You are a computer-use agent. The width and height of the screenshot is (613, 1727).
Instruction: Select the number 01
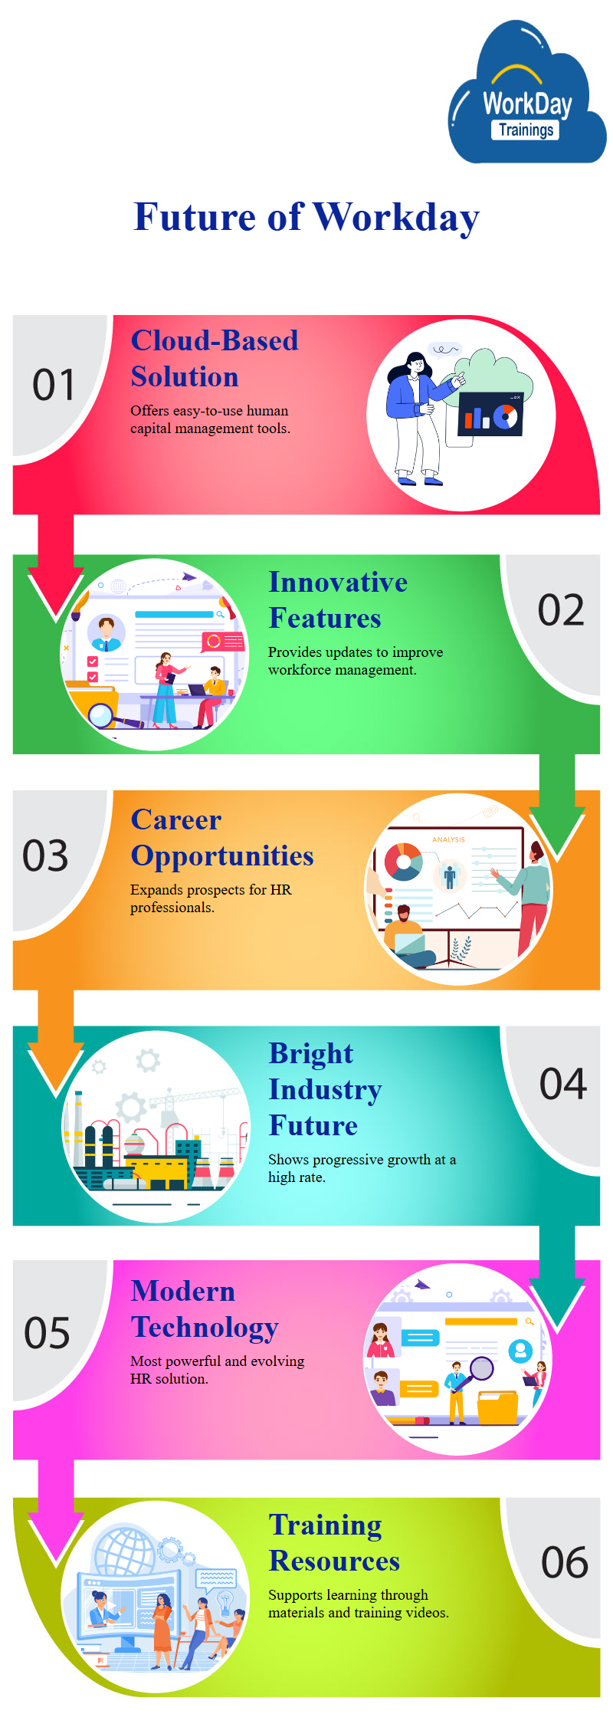pos(54,385)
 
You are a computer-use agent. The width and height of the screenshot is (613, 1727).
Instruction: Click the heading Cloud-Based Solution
pos(215,359)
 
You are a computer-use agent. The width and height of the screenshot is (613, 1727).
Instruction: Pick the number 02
pos(561,611)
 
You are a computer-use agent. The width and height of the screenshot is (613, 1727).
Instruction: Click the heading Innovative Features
pos(338,600)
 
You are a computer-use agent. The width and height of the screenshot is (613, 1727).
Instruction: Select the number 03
pos(45,856)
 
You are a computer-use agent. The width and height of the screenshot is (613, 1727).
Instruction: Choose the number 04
pos(563,1085)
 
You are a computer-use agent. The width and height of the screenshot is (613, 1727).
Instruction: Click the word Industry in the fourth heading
pos(325,1090)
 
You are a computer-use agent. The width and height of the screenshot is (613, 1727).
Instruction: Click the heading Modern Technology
pos(205,1309)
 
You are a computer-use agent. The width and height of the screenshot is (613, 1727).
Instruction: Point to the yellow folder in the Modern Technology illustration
pos(498,1407)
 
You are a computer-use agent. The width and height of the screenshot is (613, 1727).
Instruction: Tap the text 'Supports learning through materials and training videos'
pos(359,1604)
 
